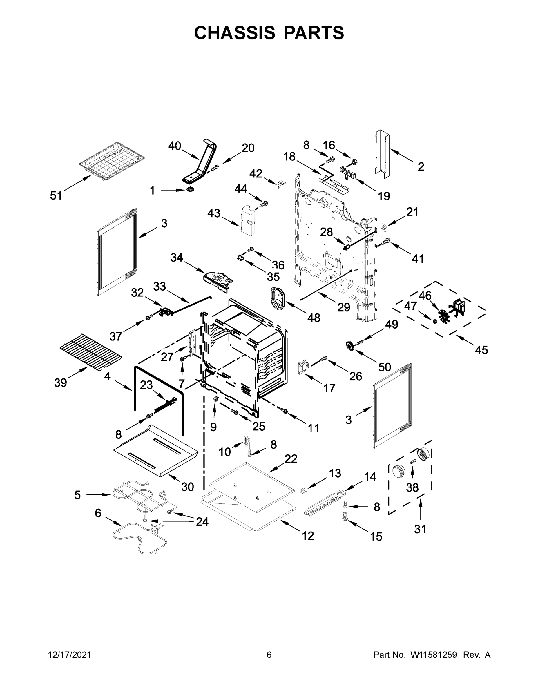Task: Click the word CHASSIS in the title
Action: (235, 33)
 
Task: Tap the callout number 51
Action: (56, 195)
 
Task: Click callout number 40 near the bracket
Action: (174, 146)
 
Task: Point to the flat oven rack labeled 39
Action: (91, 351)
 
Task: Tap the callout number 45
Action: (481, 350)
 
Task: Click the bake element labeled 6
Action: (140, 539)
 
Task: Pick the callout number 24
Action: (202, 522)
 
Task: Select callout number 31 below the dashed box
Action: (420, 529)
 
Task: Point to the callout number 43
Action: (213, 213)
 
